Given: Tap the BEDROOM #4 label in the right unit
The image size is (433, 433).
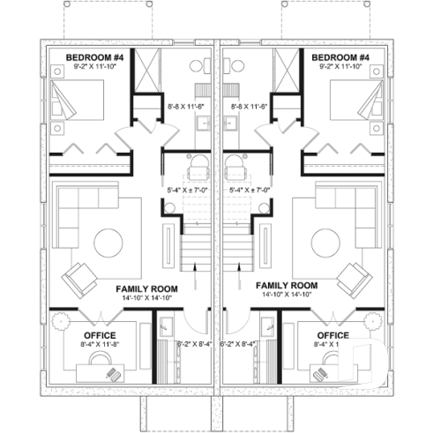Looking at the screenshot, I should click(339, 57).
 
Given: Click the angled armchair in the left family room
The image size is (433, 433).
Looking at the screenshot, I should click(81, 278).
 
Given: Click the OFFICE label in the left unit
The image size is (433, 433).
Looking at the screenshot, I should click(100, 335).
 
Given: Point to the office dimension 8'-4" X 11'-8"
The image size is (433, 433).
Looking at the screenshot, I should click(100, 346).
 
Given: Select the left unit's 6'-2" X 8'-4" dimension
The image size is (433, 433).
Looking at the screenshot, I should click(194, 344).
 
